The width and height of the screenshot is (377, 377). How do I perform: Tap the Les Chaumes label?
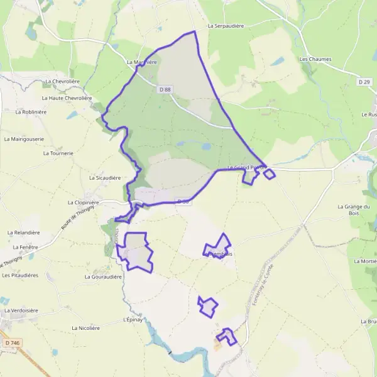click(315, 59)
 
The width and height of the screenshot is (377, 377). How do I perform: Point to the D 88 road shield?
click(165, 90)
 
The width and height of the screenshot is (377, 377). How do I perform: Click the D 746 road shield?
click(11, 342)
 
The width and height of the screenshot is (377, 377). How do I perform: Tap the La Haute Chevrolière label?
click(67, 98)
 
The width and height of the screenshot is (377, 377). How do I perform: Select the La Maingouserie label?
click(24, 139)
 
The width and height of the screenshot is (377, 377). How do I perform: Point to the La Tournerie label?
click(58, 153)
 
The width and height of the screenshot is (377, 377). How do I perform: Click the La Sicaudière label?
click(105, 178)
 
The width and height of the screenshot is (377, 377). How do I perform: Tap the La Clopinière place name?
click(84, 203)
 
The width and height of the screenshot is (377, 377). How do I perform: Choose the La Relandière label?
click(23, 232)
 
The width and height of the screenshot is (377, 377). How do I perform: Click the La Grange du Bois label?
click(355, 210)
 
